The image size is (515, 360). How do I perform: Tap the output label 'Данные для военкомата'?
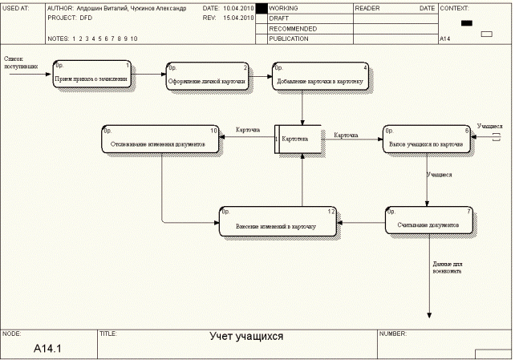[447, 267]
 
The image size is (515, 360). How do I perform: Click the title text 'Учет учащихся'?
[246, 337]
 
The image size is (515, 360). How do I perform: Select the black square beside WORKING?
[261, 8]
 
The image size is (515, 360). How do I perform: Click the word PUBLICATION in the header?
[289, 38]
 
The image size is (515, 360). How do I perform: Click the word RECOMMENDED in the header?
[293, 28]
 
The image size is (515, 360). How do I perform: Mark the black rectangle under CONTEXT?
[467, 23]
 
